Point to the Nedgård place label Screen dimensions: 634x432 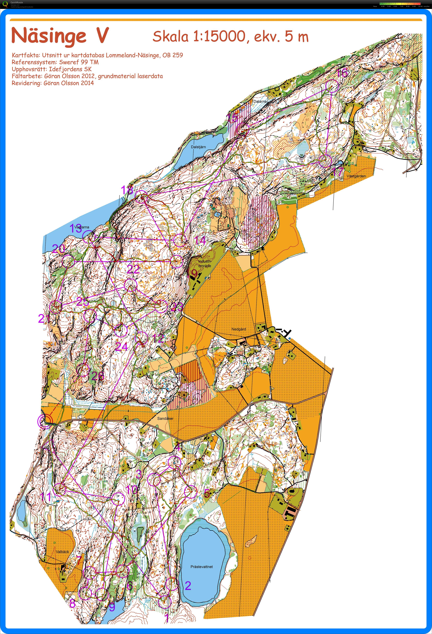click(239, 329)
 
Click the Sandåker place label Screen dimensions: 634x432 click(165, 418)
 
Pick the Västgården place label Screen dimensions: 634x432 click(356, 176)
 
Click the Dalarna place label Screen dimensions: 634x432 click(260, 101)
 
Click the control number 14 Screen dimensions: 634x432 click(200, 241)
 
